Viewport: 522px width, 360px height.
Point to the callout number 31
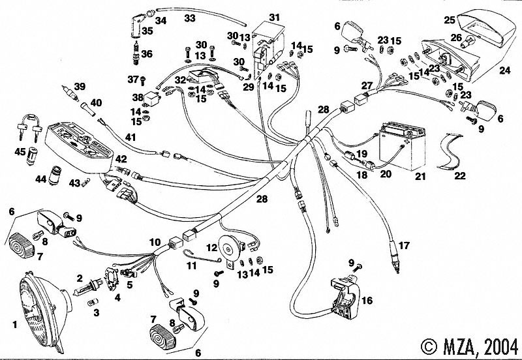point(274,16)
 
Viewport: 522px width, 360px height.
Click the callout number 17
point(405,246)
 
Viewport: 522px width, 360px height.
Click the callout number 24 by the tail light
point(505,69)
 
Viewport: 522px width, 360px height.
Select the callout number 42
point(122,159)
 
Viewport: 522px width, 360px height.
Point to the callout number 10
point(155,242)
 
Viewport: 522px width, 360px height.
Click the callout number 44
point(40,179)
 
